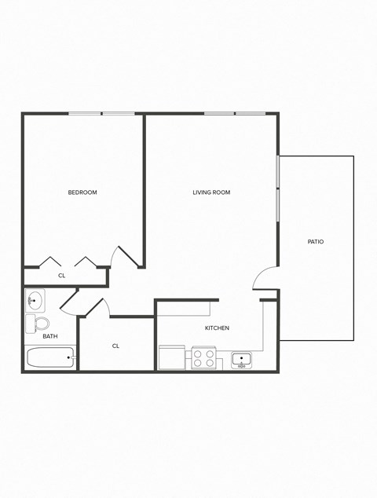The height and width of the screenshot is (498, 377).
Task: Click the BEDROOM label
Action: [82, 192]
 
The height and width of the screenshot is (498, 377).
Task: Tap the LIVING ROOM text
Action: [211, 192]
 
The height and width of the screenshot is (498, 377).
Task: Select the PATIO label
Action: [316, 242]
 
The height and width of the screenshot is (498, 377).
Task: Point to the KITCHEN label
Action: [217, 328]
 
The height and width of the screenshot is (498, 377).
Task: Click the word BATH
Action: [50, 336]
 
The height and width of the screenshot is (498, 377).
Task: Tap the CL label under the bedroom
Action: [62, 276]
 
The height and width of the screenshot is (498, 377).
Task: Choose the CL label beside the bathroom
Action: [115, 346]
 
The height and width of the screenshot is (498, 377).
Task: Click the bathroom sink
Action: [35, 300]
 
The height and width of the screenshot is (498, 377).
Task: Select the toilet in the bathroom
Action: [38, 323]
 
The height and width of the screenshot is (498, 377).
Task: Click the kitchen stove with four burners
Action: [204, 358]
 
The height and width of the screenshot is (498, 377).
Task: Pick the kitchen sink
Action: [242, 360]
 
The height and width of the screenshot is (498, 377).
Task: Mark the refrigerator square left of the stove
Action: [172, 358]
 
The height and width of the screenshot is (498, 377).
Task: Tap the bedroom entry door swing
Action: [123, 256]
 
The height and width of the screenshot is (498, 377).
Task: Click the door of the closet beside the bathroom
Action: [93, 307]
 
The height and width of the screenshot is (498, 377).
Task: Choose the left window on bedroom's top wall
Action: [85, 114]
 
